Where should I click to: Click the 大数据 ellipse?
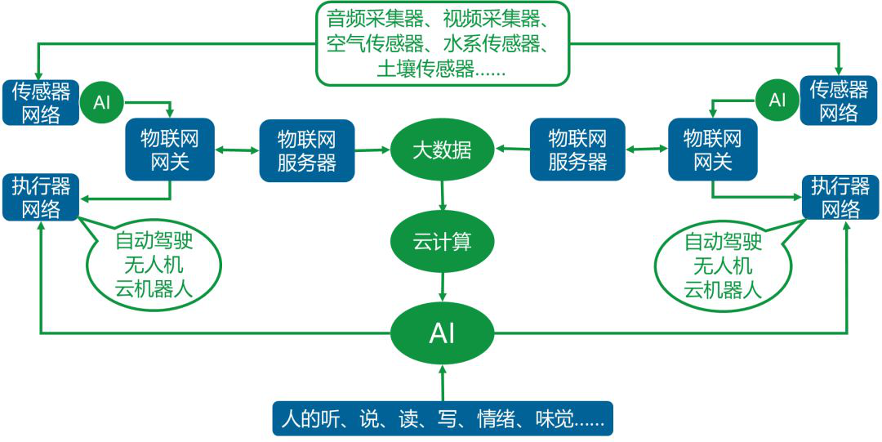(442, 150)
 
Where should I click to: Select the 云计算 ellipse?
(442, 242)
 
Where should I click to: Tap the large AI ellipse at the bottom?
(442, 333)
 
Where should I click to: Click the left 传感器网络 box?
(41, 101)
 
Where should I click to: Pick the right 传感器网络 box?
(839, 100)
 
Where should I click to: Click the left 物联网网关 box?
(170, 150)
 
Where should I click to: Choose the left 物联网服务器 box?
(307, 150)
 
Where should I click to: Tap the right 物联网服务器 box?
(577, 150)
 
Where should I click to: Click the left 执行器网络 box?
(41, 197)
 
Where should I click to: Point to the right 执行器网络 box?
(839, 197)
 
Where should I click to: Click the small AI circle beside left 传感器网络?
(102, 102)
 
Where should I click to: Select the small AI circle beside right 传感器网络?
(777, 100)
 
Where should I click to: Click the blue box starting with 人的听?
(442, 418)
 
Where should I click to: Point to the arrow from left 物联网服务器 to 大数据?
(372, 150)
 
